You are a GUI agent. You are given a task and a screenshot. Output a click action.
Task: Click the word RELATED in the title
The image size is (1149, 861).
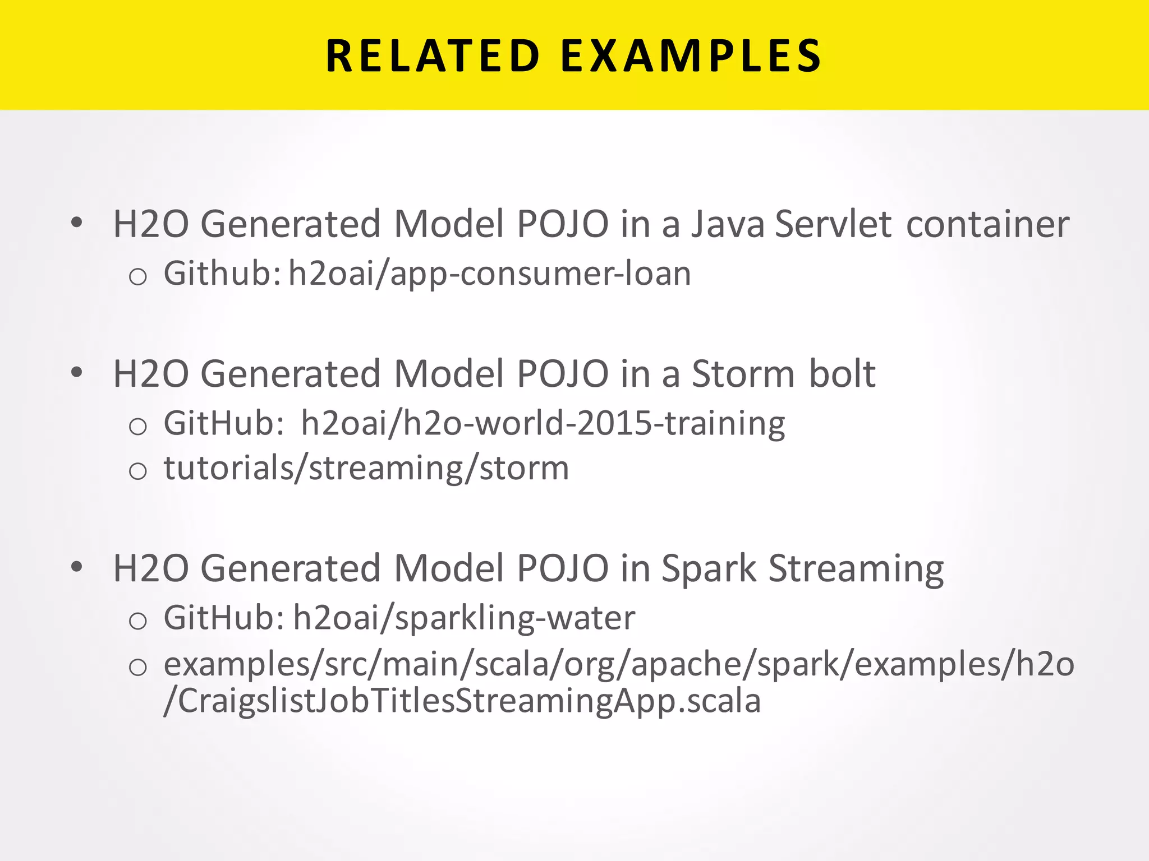tap(433, 56)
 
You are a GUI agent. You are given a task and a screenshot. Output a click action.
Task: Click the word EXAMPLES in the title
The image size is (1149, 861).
tap(691, 56)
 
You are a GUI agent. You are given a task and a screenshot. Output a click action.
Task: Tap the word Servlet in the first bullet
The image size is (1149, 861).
tap(833, 224)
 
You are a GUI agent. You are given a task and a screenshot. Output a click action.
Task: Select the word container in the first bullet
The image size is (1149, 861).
tap(987, 224)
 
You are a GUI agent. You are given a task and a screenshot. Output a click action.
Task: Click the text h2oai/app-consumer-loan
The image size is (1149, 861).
tap(489, 274)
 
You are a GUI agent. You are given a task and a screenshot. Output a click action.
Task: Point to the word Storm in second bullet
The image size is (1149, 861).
tap(743, 374)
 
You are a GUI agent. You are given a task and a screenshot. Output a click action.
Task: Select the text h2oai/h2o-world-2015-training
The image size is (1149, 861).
tap(543, 423)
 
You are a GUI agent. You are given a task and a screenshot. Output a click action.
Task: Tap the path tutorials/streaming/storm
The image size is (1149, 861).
tap(366, 468)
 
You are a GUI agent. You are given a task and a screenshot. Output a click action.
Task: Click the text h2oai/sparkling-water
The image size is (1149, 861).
tap(464, 618)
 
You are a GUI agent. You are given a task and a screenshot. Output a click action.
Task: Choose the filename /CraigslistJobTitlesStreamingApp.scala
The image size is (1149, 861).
tap(462, 701)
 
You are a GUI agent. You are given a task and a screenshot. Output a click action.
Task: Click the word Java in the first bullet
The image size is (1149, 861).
tap(727, 224)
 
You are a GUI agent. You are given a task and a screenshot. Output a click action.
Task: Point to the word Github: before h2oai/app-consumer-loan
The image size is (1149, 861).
tap(222, 274)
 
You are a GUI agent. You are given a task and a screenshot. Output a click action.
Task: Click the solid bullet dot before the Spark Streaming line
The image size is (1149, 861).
tap(77, 567)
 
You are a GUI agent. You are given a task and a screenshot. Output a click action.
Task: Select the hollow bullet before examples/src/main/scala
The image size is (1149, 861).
tap(137, 667)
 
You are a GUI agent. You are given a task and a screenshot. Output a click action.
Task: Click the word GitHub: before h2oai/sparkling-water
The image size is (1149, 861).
tap(224, 618)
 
